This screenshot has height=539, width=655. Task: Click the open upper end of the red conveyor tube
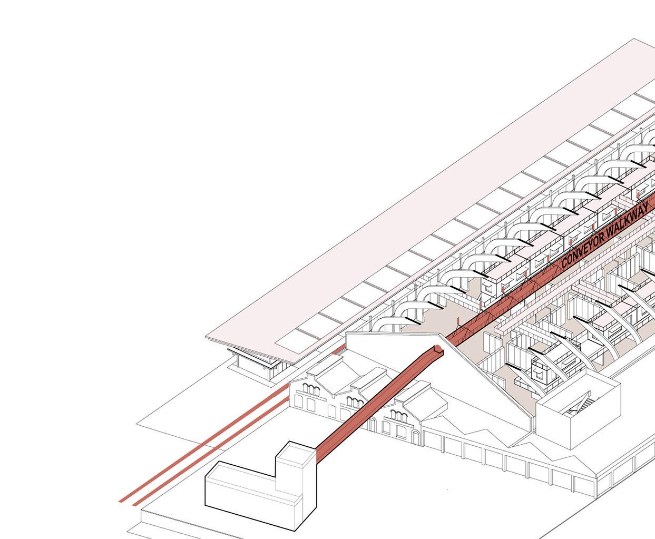[438, 348]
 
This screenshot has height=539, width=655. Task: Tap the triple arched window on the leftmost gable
[310, 390]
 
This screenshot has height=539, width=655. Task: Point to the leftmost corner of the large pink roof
[206, 336]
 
